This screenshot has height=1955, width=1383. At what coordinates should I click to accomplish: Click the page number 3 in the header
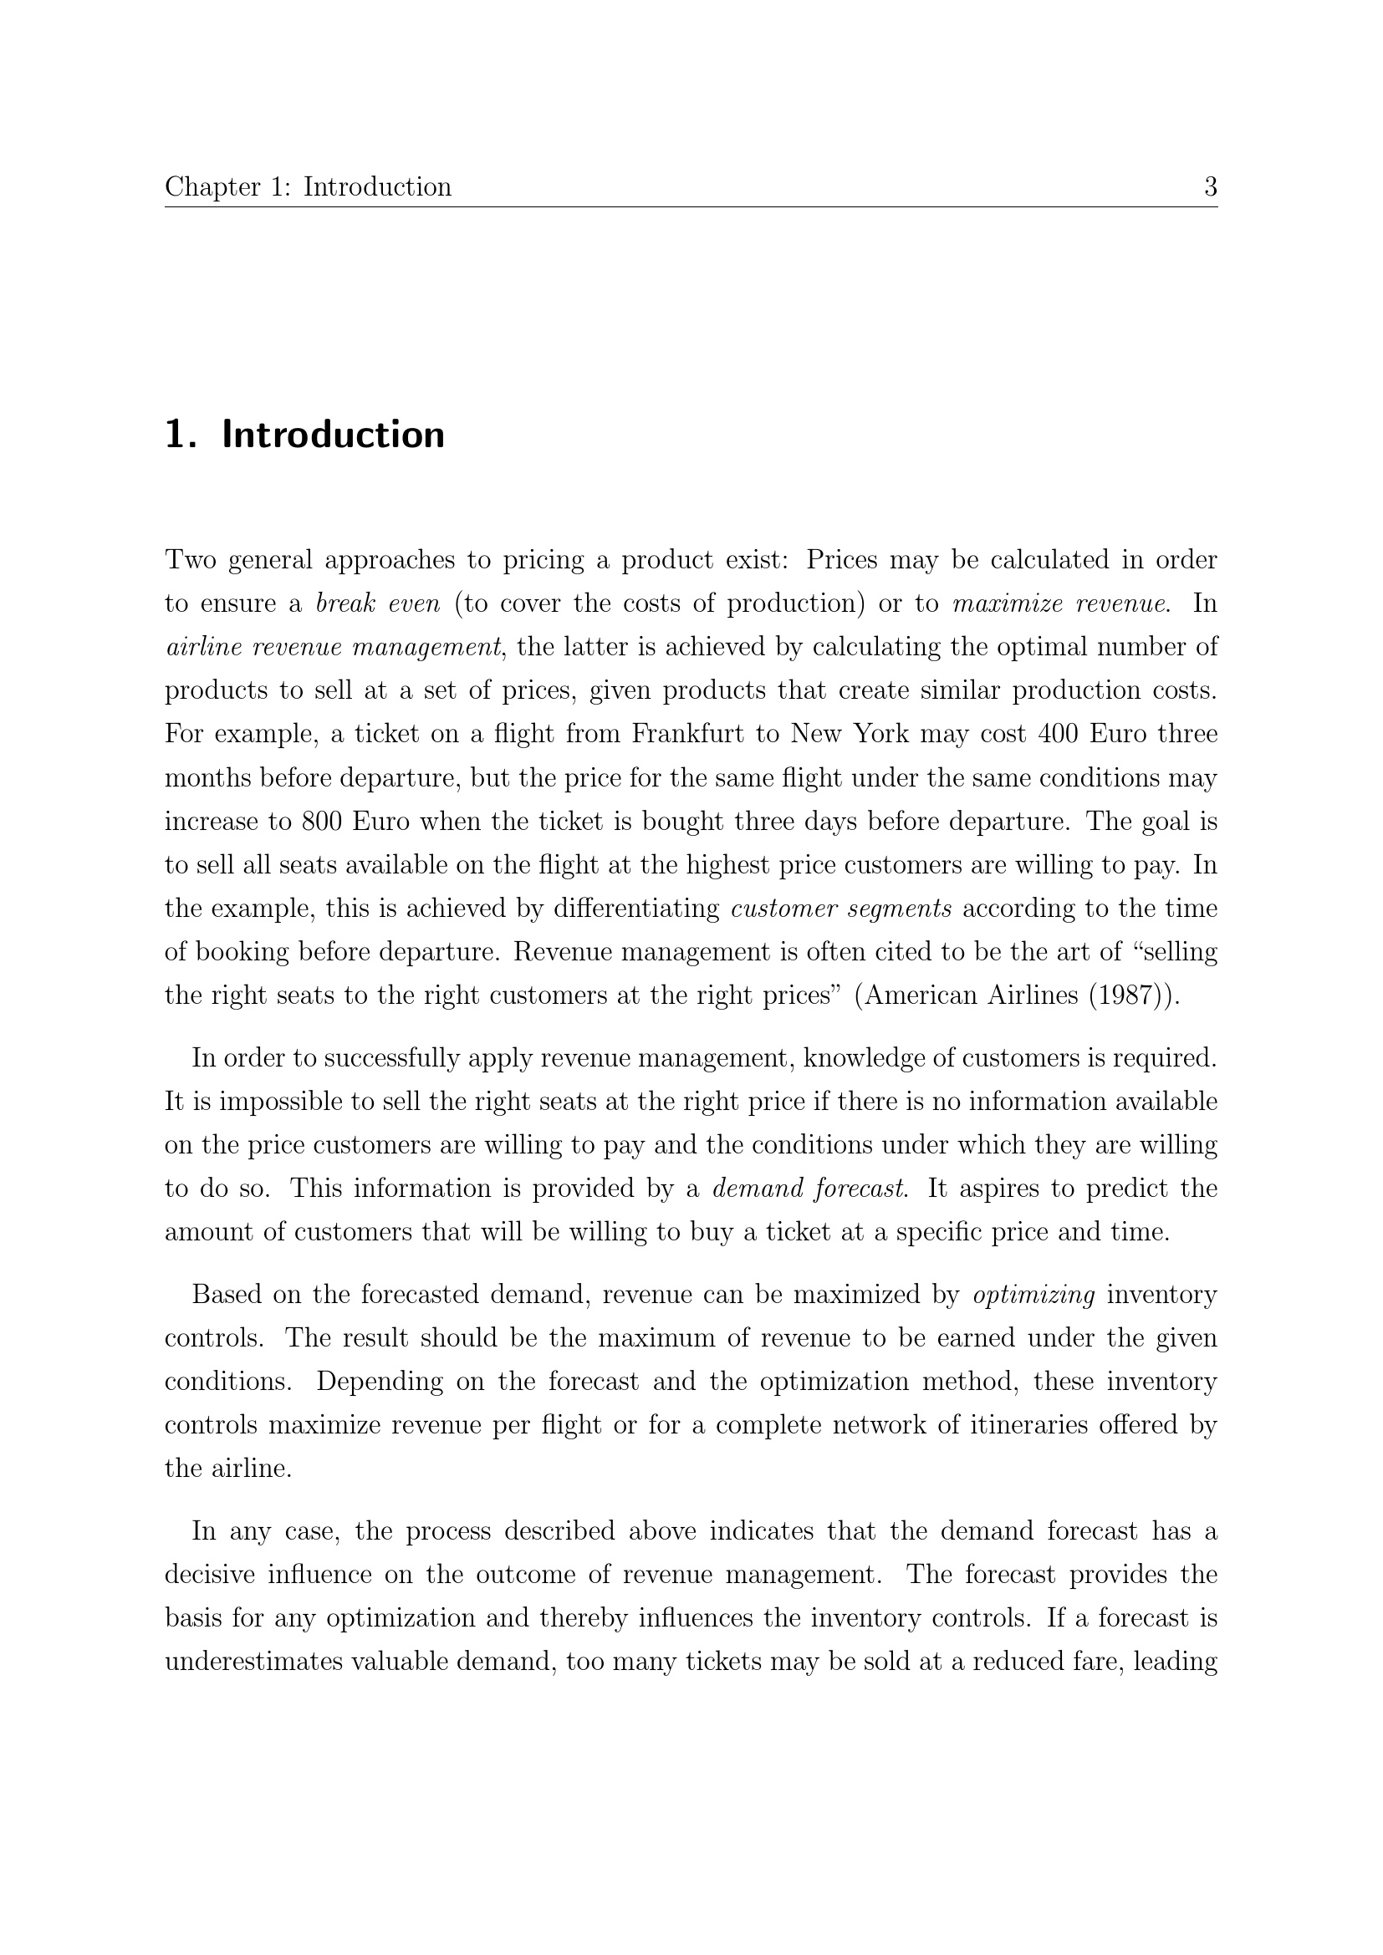(1210, 186)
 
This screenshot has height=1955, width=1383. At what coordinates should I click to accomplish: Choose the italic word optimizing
(1033, 1294)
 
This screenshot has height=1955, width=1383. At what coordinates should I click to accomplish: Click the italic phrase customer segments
(841, 908)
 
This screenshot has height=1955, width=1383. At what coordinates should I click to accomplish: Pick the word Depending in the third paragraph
(380, 1381)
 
